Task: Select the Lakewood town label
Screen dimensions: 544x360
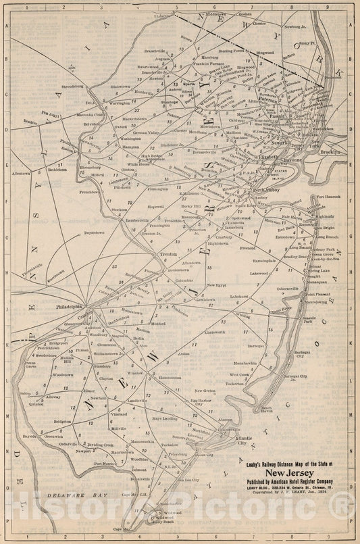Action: coord(258,274)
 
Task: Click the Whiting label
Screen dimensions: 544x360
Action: coord(242,314)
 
